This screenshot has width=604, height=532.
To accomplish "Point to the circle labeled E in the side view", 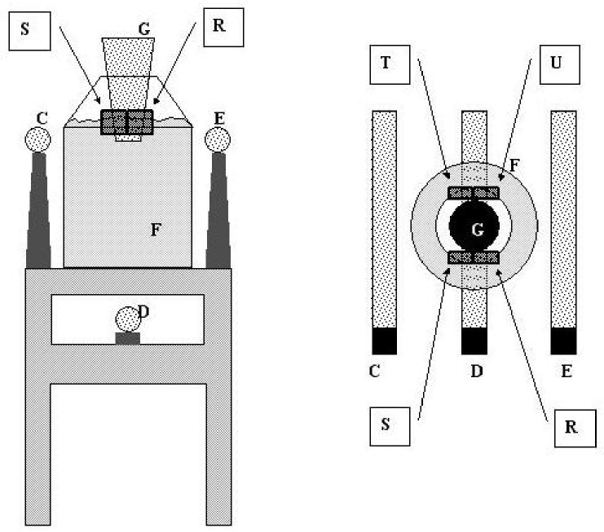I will (x=218, y=139).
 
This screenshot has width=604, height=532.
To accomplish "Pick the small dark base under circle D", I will (x=127, y=338).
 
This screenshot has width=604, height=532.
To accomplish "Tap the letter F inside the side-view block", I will (x=154, y=229).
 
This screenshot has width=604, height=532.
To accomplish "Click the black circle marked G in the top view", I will (x=474, y=227).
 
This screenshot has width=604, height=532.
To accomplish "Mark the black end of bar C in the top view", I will (x=384, y=342).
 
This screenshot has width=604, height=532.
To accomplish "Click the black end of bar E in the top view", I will (x=564, y=342).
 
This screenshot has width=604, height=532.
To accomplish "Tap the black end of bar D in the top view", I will (x=474, y=342).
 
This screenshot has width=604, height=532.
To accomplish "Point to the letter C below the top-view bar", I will (x=374, y=372).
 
